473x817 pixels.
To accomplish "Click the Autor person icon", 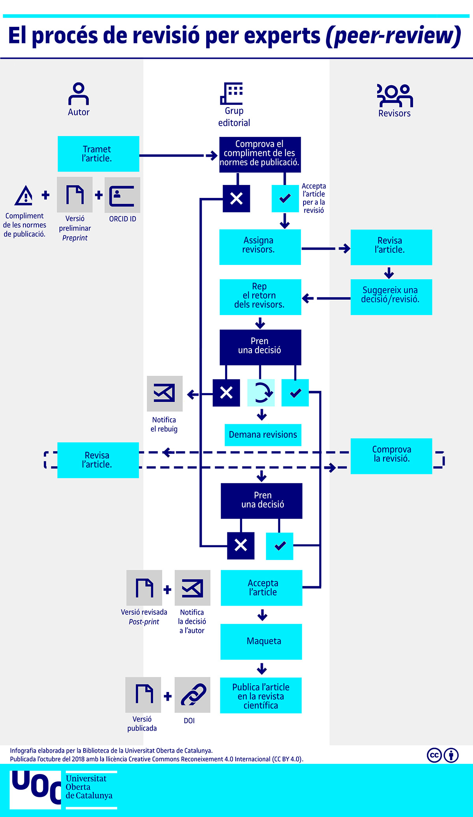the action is (78, 94).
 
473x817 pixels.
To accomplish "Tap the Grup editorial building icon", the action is (232, 93).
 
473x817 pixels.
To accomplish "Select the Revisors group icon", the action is (395, 95).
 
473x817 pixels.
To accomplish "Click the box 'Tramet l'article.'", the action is (98, 154).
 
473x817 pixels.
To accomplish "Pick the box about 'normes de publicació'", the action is (260, 155).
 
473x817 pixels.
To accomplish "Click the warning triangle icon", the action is (24, 196).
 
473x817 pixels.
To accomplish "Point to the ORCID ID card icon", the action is (122, 195).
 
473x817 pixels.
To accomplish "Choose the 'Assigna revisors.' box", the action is (260, 247).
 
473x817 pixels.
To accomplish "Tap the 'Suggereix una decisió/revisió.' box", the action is (391, 297).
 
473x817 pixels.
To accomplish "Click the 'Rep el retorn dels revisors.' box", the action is (260, 297).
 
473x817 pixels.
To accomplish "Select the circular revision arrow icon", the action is (261, 392).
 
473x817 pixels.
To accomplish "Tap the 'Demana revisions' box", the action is (263, 435).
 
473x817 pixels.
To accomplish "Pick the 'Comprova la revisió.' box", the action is (391, 456).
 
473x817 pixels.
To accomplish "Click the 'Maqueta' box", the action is (261, 642).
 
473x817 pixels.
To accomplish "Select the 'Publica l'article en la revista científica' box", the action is (261, 695).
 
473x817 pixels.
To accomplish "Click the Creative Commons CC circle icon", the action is (434, 755).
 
